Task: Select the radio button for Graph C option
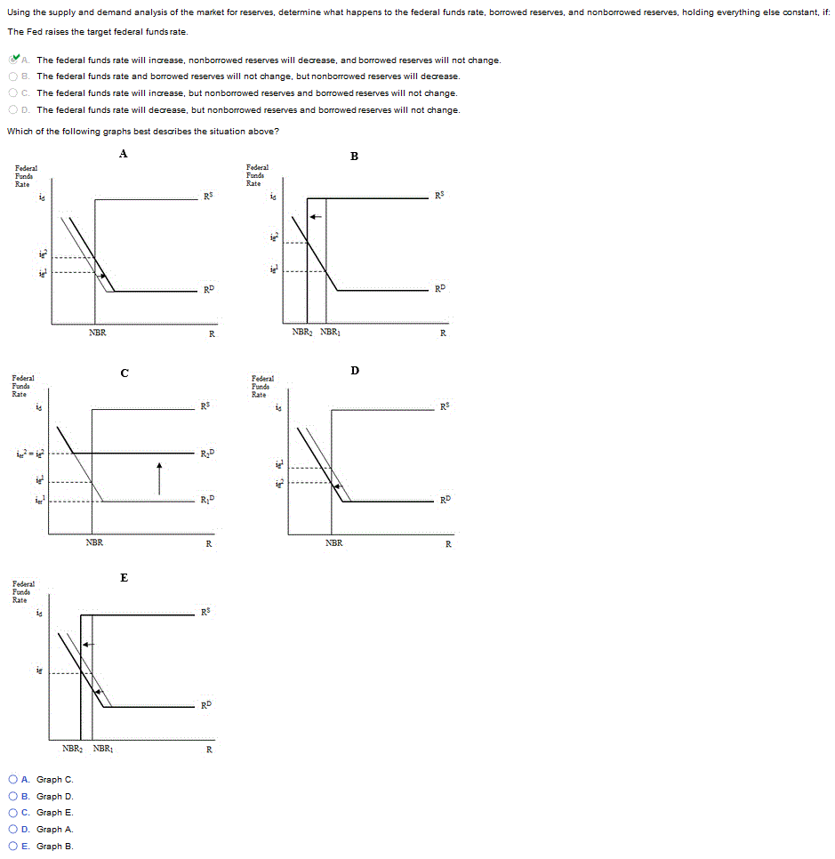tap(13, 780)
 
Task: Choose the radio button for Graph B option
tap(13, 847)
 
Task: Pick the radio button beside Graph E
tap(13, 813)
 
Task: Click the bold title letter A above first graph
tap(123, 154)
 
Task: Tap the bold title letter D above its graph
tap(354, 369)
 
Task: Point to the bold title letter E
tap(124, 578)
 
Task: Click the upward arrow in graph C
tap(159, 477)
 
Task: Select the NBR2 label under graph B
tap(301, 333)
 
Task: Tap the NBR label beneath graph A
tap(98, 333)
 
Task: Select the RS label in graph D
tap(446, 407)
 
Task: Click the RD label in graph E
tap(206, 705)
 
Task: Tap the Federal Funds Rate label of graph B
tap(257, 175)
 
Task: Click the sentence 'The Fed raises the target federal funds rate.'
tap(97, 31)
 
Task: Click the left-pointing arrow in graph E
tap(89, 644)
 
